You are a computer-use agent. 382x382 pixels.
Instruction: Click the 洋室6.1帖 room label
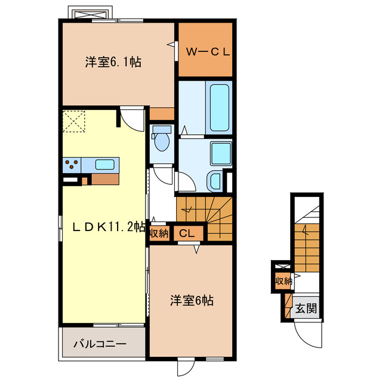pyautogui.click(x=113, y=61)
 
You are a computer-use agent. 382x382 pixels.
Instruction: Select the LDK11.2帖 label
pyautogui.click(x=109, y=227)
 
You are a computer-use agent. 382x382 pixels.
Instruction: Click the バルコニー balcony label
pyautogui.click(x=100, y=344)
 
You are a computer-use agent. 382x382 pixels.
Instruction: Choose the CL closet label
pyautogui.click(x=187, y=233)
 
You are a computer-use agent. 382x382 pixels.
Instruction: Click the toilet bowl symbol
pyautogui.click(x=161, y=141)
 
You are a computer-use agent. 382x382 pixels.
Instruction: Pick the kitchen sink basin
pyautogui.click(x=104, y=165)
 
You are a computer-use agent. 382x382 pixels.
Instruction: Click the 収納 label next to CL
pyautogui.click(x=159, y=233)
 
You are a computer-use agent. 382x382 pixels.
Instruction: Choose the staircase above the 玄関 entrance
pyautogui.click(x=306, y=239)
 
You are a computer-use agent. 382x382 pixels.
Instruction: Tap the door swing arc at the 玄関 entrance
pyautogui.click(x=306, y=335)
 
